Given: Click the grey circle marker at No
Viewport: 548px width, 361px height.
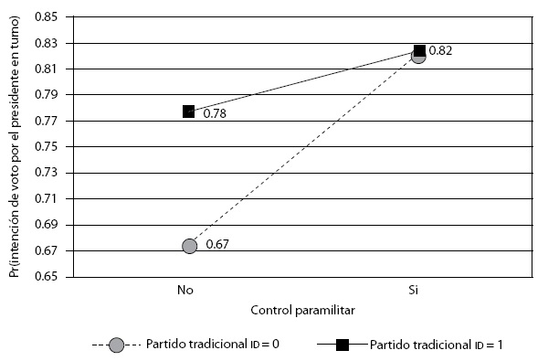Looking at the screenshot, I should point(189,246).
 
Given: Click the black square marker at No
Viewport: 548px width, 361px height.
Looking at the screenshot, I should point(189,111).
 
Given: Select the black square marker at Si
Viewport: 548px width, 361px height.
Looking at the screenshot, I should point(420,50).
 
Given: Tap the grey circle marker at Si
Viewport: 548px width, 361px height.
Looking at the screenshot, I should point(416,57).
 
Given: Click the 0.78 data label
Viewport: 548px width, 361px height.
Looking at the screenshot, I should point(216,114).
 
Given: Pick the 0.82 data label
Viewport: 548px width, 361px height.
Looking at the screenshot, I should point(441,51).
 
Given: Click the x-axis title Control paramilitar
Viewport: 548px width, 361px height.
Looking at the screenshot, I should point(302,310).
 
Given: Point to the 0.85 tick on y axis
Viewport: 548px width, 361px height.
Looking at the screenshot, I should point(46,16).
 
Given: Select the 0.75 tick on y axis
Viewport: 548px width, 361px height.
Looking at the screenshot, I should point(46,146).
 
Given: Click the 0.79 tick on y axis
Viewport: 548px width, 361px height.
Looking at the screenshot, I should point(46,94).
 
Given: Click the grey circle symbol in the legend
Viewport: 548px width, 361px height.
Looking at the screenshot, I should point(116,345).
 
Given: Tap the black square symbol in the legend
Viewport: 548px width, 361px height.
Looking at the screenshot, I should point(343,345).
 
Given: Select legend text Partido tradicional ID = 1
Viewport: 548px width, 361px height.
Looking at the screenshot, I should point(437,345).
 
